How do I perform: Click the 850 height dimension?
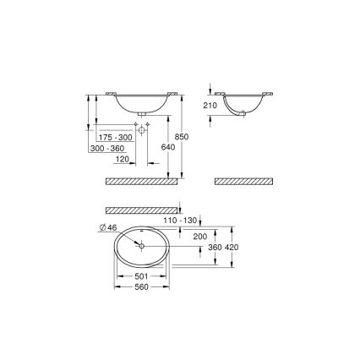(194, 136)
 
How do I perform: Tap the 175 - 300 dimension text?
(114, 136)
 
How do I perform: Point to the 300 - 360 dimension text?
(106, 147)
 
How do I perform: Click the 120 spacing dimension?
(121, 158)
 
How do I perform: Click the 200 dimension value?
(199, 236)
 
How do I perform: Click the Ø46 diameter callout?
(106, 227)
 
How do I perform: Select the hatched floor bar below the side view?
(244, 181)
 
